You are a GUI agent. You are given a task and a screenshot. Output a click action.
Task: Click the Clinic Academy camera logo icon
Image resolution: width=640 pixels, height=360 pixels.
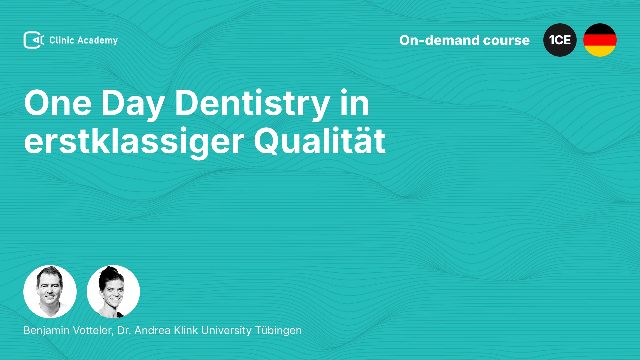[34, 40]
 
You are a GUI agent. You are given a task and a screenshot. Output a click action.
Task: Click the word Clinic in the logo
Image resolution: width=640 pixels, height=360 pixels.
[62, 40]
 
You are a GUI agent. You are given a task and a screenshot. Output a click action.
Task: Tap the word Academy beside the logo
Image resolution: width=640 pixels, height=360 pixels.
[98, 41]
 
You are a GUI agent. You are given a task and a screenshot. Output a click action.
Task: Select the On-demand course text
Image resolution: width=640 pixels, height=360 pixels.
[464, 40]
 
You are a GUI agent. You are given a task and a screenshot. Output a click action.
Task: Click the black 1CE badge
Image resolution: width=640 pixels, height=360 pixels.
[560, 40]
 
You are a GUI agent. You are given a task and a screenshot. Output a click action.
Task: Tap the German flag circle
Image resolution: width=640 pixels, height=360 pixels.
[600, 40]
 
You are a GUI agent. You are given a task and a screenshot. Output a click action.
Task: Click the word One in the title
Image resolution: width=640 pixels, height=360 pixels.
[58, 103]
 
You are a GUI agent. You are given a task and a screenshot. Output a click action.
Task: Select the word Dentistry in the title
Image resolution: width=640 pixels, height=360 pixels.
[252, 105]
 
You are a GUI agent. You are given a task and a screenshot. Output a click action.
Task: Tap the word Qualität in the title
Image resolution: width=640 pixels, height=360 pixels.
[320, 141]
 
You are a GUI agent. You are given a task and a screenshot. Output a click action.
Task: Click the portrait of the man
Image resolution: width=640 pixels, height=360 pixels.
[50, 292]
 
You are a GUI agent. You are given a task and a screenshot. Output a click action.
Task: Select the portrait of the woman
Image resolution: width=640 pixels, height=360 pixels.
[113, 292]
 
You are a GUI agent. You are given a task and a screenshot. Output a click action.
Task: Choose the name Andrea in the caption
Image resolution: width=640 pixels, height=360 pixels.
[153, 330]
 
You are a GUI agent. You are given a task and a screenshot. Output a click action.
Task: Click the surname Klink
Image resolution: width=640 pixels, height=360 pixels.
[186, 330]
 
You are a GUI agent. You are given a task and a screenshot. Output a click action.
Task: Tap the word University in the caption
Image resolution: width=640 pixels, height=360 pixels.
[226, 331]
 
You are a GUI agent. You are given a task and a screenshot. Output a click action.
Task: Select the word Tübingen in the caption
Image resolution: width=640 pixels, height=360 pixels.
[278, 331]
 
